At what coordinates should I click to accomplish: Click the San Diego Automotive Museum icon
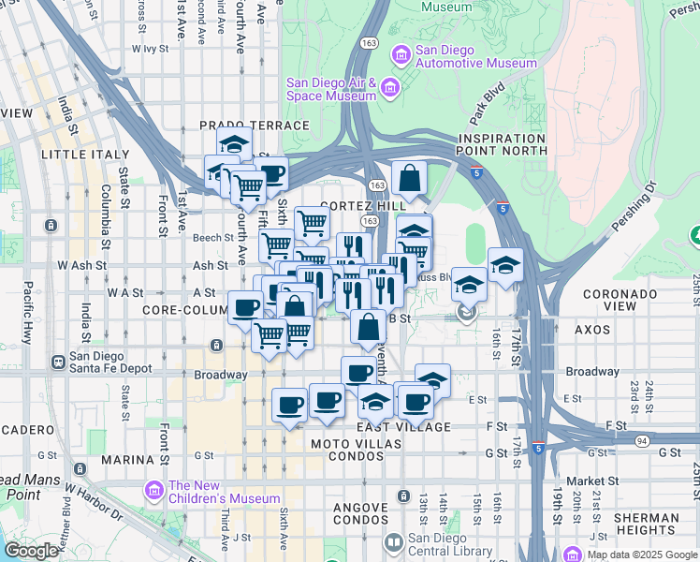click(401, 56)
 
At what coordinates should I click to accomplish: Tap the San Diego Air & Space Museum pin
click(390, 89)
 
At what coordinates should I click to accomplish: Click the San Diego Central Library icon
click(394, 543)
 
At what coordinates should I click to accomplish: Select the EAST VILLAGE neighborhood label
click(403, 427)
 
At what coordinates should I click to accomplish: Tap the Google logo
click(31, 551)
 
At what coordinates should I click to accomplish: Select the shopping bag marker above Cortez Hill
click(410, 177)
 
